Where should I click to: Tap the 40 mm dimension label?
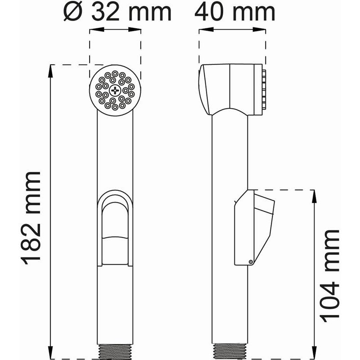[234, 12]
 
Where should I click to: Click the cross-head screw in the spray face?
[116, 90]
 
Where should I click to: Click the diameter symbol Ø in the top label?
[72, 12]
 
